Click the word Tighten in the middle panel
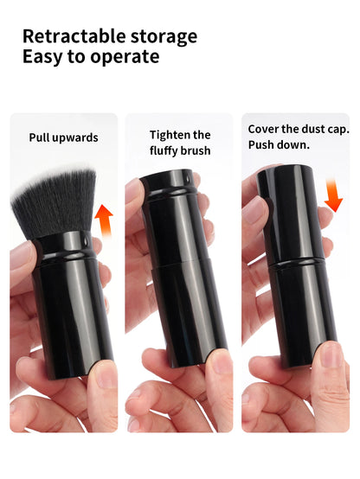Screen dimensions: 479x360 point(167,135)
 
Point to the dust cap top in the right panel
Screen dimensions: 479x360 point(281,170)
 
